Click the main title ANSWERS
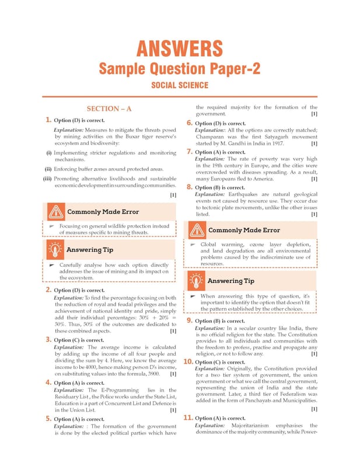pyautogui.click(x=180, y=48)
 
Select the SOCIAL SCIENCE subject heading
pyautogui.click(x=180, y=85)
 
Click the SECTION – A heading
pyautogui.click(x=109, y=109)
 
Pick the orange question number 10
pyautogui.click(x=188, y=362)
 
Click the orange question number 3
pyautogui.click(x=48, y=340)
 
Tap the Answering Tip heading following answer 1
pyautogui.click(x=90, y=250)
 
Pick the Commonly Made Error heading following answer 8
pyautogui.click(x=244, y=230)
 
